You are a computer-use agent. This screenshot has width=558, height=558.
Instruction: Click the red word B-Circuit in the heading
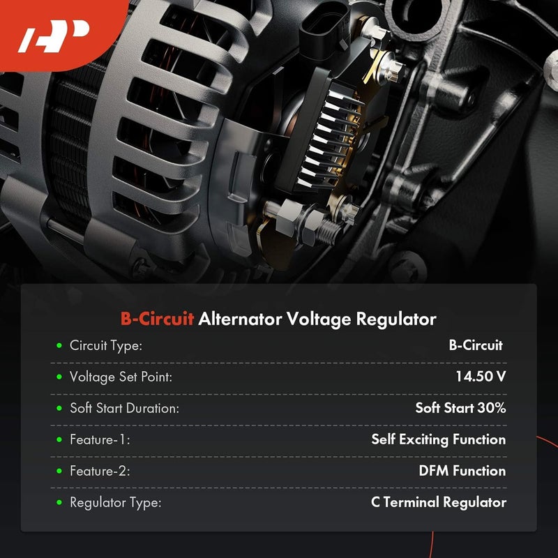157,319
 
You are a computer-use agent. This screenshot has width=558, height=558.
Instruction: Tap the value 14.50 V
481,377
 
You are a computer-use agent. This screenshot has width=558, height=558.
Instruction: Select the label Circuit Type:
106,345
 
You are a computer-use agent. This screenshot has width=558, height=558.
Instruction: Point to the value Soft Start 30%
460,408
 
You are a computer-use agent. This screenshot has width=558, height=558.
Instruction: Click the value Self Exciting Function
438,439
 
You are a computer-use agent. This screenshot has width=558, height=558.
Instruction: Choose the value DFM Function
462,471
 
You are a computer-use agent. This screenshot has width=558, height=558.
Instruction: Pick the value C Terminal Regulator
439,502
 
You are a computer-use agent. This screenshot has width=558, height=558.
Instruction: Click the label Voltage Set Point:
121,377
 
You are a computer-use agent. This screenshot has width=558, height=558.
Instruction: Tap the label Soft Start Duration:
124,408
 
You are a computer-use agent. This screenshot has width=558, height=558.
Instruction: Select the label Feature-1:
100,439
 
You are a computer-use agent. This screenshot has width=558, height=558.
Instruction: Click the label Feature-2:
100,471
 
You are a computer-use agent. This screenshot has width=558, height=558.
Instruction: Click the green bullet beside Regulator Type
59,502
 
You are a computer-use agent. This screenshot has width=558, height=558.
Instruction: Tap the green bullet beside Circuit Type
59,345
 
